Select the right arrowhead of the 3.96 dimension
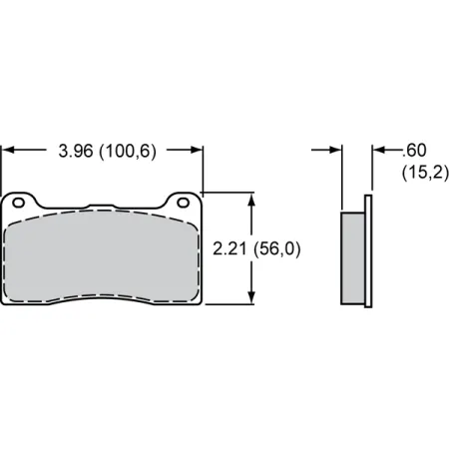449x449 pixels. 196,152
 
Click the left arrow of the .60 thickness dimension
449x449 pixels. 335,152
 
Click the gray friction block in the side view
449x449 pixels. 353,257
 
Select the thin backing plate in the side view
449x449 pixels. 369,254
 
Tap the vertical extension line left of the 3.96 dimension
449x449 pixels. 2,165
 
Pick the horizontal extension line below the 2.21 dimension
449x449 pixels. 231,303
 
